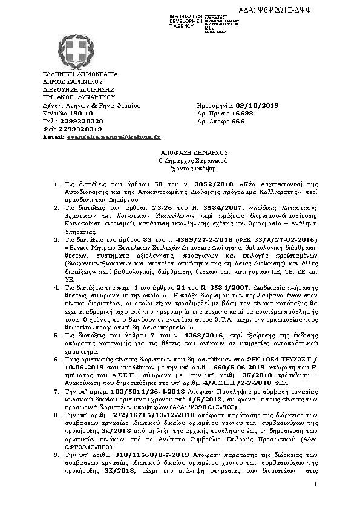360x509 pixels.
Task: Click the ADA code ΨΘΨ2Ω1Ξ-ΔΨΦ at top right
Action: point(313,6)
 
